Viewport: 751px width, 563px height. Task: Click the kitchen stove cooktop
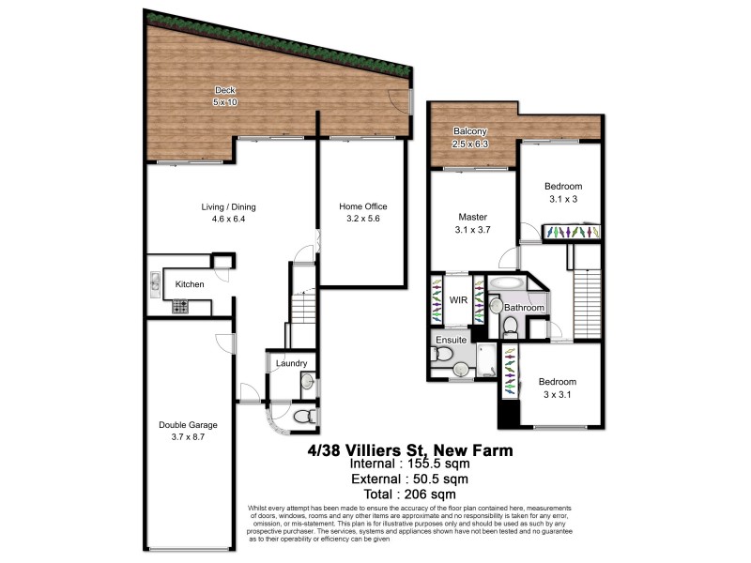tap(178, 307)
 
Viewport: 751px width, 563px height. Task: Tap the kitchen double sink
tap(153, 282)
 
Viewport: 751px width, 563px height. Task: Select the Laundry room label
tap(291, 363)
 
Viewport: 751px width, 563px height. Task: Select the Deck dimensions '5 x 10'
tap(224, 102)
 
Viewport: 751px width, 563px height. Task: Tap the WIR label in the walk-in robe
tap(458, 300)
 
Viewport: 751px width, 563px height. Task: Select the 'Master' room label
tap(472, 217)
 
